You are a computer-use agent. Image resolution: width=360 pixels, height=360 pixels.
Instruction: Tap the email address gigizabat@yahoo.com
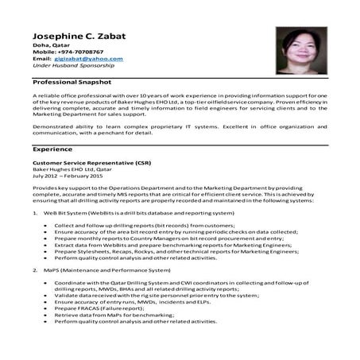point(88,59)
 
